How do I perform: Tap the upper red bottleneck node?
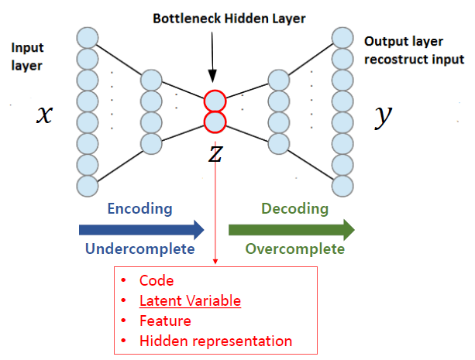[215, 101]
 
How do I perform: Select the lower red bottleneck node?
[215, 122]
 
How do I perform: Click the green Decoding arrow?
[291, 229]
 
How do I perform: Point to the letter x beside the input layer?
[45, 115]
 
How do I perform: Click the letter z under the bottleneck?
[215, 153]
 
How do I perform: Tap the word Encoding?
[139, 209]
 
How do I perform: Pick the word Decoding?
[294, 209]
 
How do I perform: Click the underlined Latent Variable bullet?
[190, 300]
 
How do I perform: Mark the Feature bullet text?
[165, 321]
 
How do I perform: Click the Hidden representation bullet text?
[215, 341]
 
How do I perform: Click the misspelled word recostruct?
[394, 59]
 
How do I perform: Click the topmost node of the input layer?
[88, 36]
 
